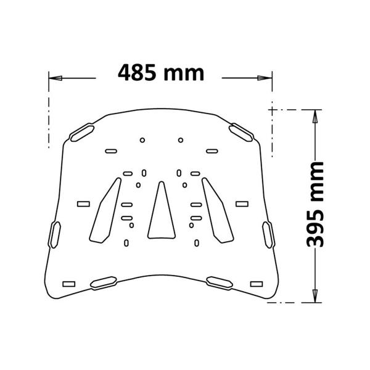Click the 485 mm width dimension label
[161, 73]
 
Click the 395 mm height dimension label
[315, 203]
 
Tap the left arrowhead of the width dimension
[54, 78]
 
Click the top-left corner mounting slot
[82, 132]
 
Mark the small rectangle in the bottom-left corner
[69, 284]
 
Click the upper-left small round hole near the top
[142, 139]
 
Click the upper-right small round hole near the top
[180, 139]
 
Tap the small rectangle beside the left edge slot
[82, 203]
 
